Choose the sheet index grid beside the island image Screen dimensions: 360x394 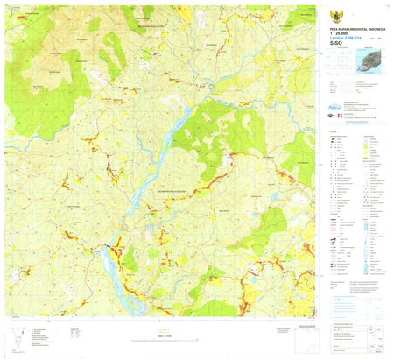point(336,63)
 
